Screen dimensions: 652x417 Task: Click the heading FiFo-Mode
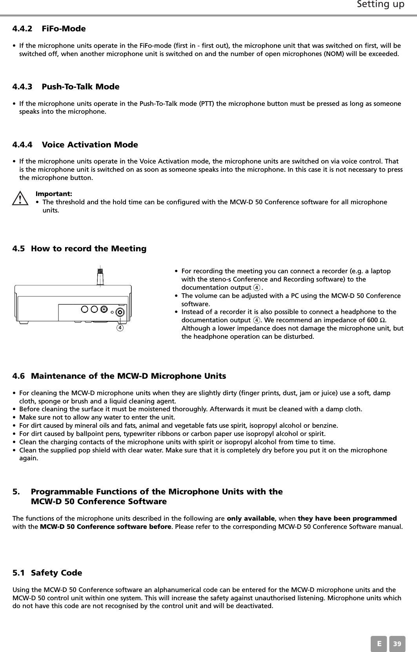[64, 29]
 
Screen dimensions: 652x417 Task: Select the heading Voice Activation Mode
[90, 145]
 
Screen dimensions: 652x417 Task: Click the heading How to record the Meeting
[89, 249]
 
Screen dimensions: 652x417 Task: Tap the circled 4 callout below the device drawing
[120, 327]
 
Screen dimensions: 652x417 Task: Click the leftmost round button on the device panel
[85, 309]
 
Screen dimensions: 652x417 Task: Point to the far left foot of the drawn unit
[24, 323]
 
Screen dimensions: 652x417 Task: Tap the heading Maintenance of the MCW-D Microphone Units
[128, 376]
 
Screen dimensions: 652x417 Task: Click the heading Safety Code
[56, 573]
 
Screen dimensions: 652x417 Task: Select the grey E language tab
[379, 644]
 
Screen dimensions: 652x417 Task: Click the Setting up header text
[380, 5]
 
